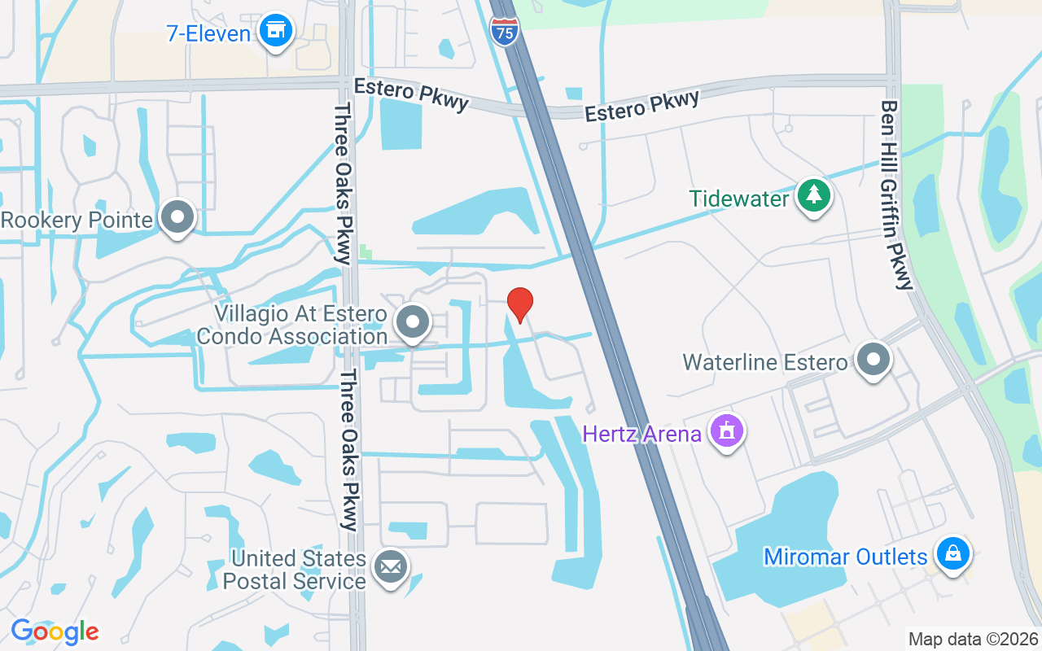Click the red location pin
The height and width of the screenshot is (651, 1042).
520,304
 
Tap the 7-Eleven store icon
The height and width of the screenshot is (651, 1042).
276,31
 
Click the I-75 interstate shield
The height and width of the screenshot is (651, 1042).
504,30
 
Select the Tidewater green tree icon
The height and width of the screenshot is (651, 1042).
813,196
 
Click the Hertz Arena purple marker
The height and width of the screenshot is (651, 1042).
727,430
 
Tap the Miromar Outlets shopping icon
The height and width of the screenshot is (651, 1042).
952,554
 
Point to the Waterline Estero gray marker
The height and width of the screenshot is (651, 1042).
873,359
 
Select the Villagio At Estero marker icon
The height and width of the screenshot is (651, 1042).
413,321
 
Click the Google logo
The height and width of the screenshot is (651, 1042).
55,631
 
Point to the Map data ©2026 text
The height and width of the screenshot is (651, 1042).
974,640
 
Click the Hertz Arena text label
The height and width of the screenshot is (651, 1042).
641,433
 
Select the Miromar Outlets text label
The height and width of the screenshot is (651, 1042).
845,557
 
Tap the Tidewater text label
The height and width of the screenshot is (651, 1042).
739,199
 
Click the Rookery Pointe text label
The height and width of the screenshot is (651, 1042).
77,220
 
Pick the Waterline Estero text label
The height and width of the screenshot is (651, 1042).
764,361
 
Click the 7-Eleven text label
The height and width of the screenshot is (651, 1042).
208,33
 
